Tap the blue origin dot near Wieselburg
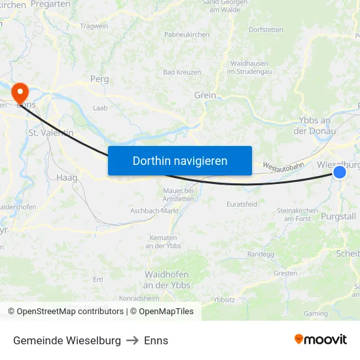[340, 171]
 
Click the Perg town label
[99, 79]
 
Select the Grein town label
[205, 96]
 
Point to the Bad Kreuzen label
[182, 72]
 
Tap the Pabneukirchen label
[187, 35]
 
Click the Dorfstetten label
[266, 29]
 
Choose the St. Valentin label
[50, 132]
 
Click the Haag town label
[67, 177]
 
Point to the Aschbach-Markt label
[154, 211]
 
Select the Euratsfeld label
[242, 204]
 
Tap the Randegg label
[261, 254]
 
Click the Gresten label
[285, 273]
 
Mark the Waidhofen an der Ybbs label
[166, 279]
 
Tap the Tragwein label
[94, 26]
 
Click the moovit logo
[321, 340]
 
